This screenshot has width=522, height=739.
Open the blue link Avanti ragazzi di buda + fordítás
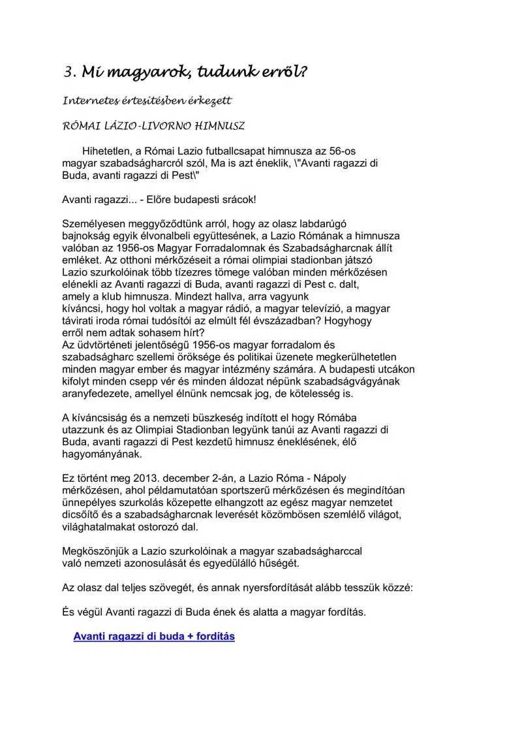coord(154,636)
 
